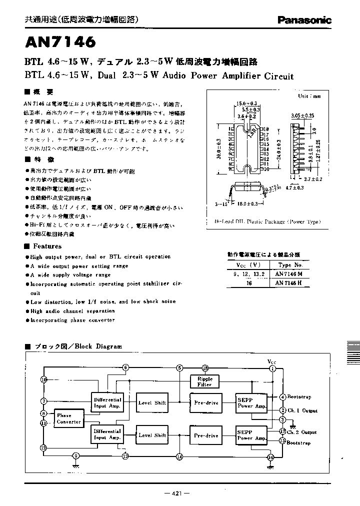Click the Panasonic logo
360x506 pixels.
click(304, 20)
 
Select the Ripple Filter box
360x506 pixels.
click(205, 381)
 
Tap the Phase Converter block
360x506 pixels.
click(68, 418)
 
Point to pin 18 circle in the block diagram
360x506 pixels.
click(205, 368)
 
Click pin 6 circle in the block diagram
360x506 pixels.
click(125, 367)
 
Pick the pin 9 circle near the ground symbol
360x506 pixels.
click(76, 455)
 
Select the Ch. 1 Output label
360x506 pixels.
click(301, 410)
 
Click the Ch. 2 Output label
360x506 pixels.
click(302, 431)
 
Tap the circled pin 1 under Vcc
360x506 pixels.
click(272, 368)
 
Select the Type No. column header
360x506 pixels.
click(290, 265)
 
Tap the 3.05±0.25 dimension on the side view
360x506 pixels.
click(302, 115)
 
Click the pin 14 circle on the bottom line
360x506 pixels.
click(179, 456)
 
